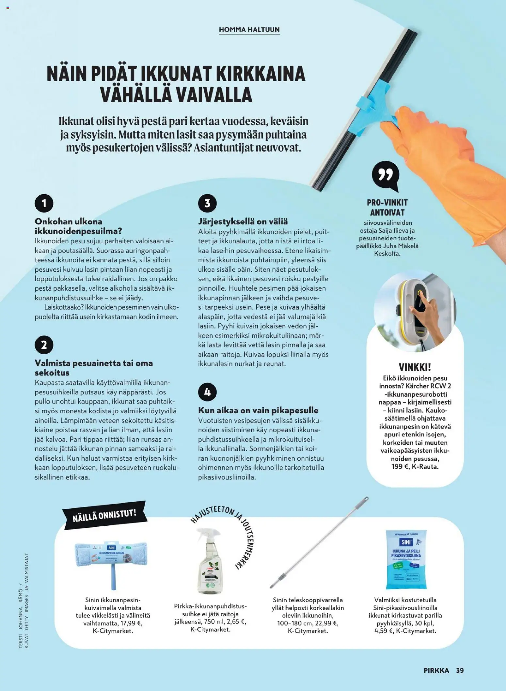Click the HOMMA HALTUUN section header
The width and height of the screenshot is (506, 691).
tap(249, 30)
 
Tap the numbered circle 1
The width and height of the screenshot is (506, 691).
tap(44, 203)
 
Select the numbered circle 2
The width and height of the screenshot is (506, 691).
tap(44, 345)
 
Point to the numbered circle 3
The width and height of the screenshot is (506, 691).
tap(207, 203)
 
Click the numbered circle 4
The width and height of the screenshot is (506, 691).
tap(207, 392)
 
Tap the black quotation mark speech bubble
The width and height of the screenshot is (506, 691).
tap(386, 176)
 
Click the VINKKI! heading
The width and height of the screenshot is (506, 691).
tap(415, 367)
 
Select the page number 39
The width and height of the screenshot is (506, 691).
tap(460, 670)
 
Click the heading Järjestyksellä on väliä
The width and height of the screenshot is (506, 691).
tap(243, 222)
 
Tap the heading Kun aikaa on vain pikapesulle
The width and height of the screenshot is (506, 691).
tap(258, 410)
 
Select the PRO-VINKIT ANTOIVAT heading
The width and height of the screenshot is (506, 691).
tap(387, 207)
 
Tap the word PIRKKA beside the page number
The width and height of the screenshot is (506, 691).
tap(436, 670)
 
